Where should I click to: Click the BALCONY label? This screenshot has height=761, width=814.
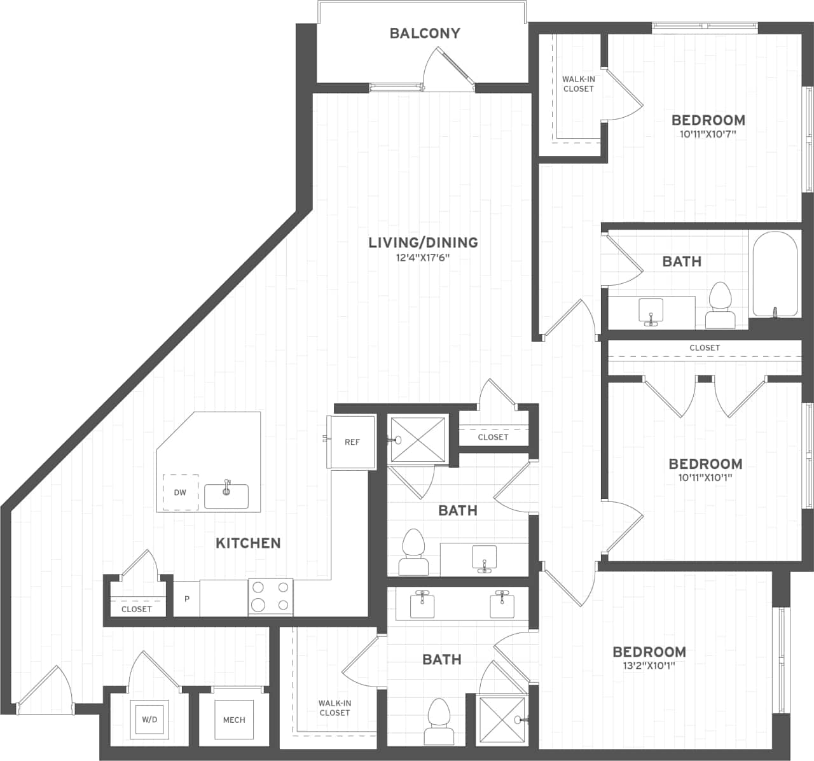[425, 33]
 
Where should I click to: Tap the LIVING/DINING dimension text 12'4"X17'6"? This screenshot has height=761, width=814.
[423, 258]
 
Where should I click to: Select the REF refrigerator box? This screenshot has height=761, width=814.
[352, 442]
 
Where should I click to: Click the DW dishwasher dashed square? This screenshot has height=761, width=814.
[180, 492]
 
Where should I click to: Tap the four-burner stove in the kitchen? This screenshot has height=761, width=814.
[271, 597]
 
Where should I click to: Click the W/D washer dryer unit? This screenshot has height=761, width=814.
[149, 720]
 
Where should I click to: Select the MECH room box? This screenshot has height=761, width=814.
[234, 720]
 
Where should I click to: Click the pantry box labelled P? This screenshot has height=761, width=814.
[187, 599]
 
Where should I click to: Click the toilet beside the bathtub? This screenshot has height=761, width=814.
[721, 306]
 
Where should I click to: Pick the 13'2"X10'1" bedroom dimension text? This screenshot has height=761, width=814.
[649, 666]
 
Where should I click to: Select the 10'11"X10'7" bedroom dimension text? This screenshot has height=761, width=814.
[708, 134]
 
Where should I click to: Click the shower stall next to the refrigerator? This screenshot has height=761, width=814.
[418, 439]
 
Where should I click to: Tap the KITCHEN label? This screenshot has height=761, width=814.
[248, 543]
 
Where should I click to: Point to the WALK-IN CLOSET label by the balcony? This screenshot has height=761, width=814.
[578, 84]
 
